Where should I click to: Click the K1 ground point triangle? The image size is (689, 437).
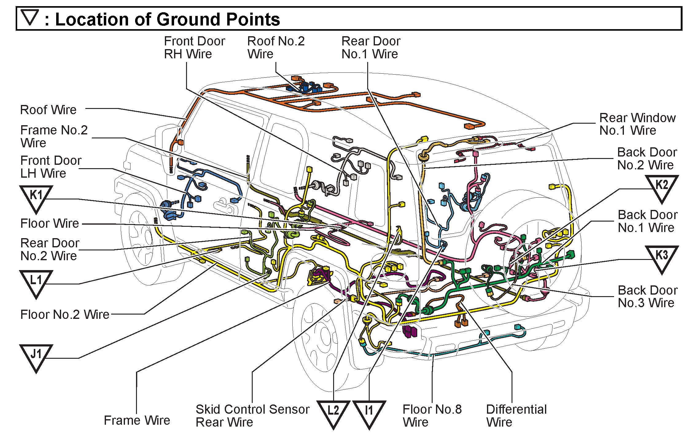[x=36, y=198]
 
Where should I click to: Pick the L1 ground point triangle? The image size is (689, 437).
[x=36, y=282]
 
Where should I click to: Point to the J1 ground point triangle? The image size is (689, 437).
[x=36, y=357]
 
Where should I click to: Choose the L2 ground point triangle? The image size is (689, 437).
[x=333, y=413]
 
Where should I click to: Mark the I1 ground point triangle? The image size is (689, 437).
[x=369, y=413]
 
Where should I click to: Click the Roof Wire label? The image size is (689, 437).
[x=48, y=110]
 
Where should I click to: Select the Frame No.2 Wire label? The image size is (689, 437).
[x=54, y=136]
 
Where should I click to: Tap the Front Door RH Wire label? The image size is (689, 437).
[x=194, y=47]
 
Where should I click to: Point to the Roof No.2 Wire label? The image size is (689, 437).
[x=276, y=47]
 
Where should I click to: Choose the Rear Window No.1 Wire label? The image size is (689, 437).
[x=637, y=124]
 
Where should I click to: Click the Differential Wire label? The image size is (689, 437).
[x=516, y=416]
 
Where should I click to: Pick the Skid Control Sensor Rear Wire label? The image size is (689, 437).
[x=252, y=416]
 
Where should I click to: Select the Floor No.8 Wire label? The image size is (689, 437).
[x=432, y=416]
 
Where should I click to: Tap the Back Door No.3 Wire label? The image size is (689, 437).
[x=648, y=296]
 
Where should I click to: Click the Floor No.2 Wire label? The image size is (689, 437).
[x=65, y=314]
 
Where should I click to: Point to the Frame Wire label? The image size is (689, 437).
[x=137, y=420]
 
